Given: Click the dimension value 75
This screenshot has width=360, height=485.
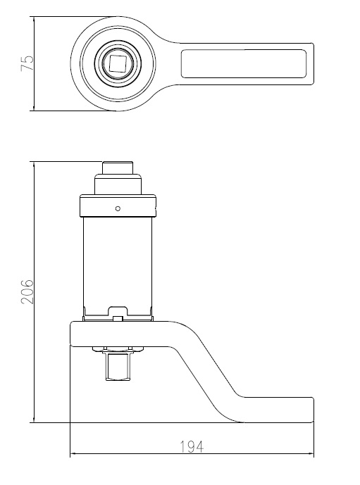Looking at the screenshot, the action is pos(27,63).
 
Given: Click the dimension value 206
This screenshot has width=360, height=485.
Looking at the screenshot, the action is pos(27,291).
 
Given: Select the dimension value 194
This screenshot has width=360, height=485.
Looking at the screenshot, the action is pos(192,447).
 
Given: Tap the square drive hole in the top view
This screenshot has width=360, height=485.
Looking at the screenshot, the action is pos(118,63).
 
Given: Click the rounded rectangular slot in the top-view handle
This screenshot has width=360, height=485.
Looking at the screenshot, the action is pos(244,63).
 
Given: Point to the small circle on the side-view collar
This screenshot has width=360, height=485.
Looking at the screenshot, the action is pos(118,208).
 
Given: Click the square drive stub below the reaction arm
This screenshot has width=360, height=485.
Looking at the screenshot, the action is pos(118,367).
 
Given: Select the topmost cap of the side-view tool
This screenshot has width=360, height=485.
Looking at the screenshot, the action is pos(118,168).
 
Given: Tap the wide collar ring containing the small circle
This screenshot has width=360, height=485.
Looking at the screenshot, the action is pos(118,206).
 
